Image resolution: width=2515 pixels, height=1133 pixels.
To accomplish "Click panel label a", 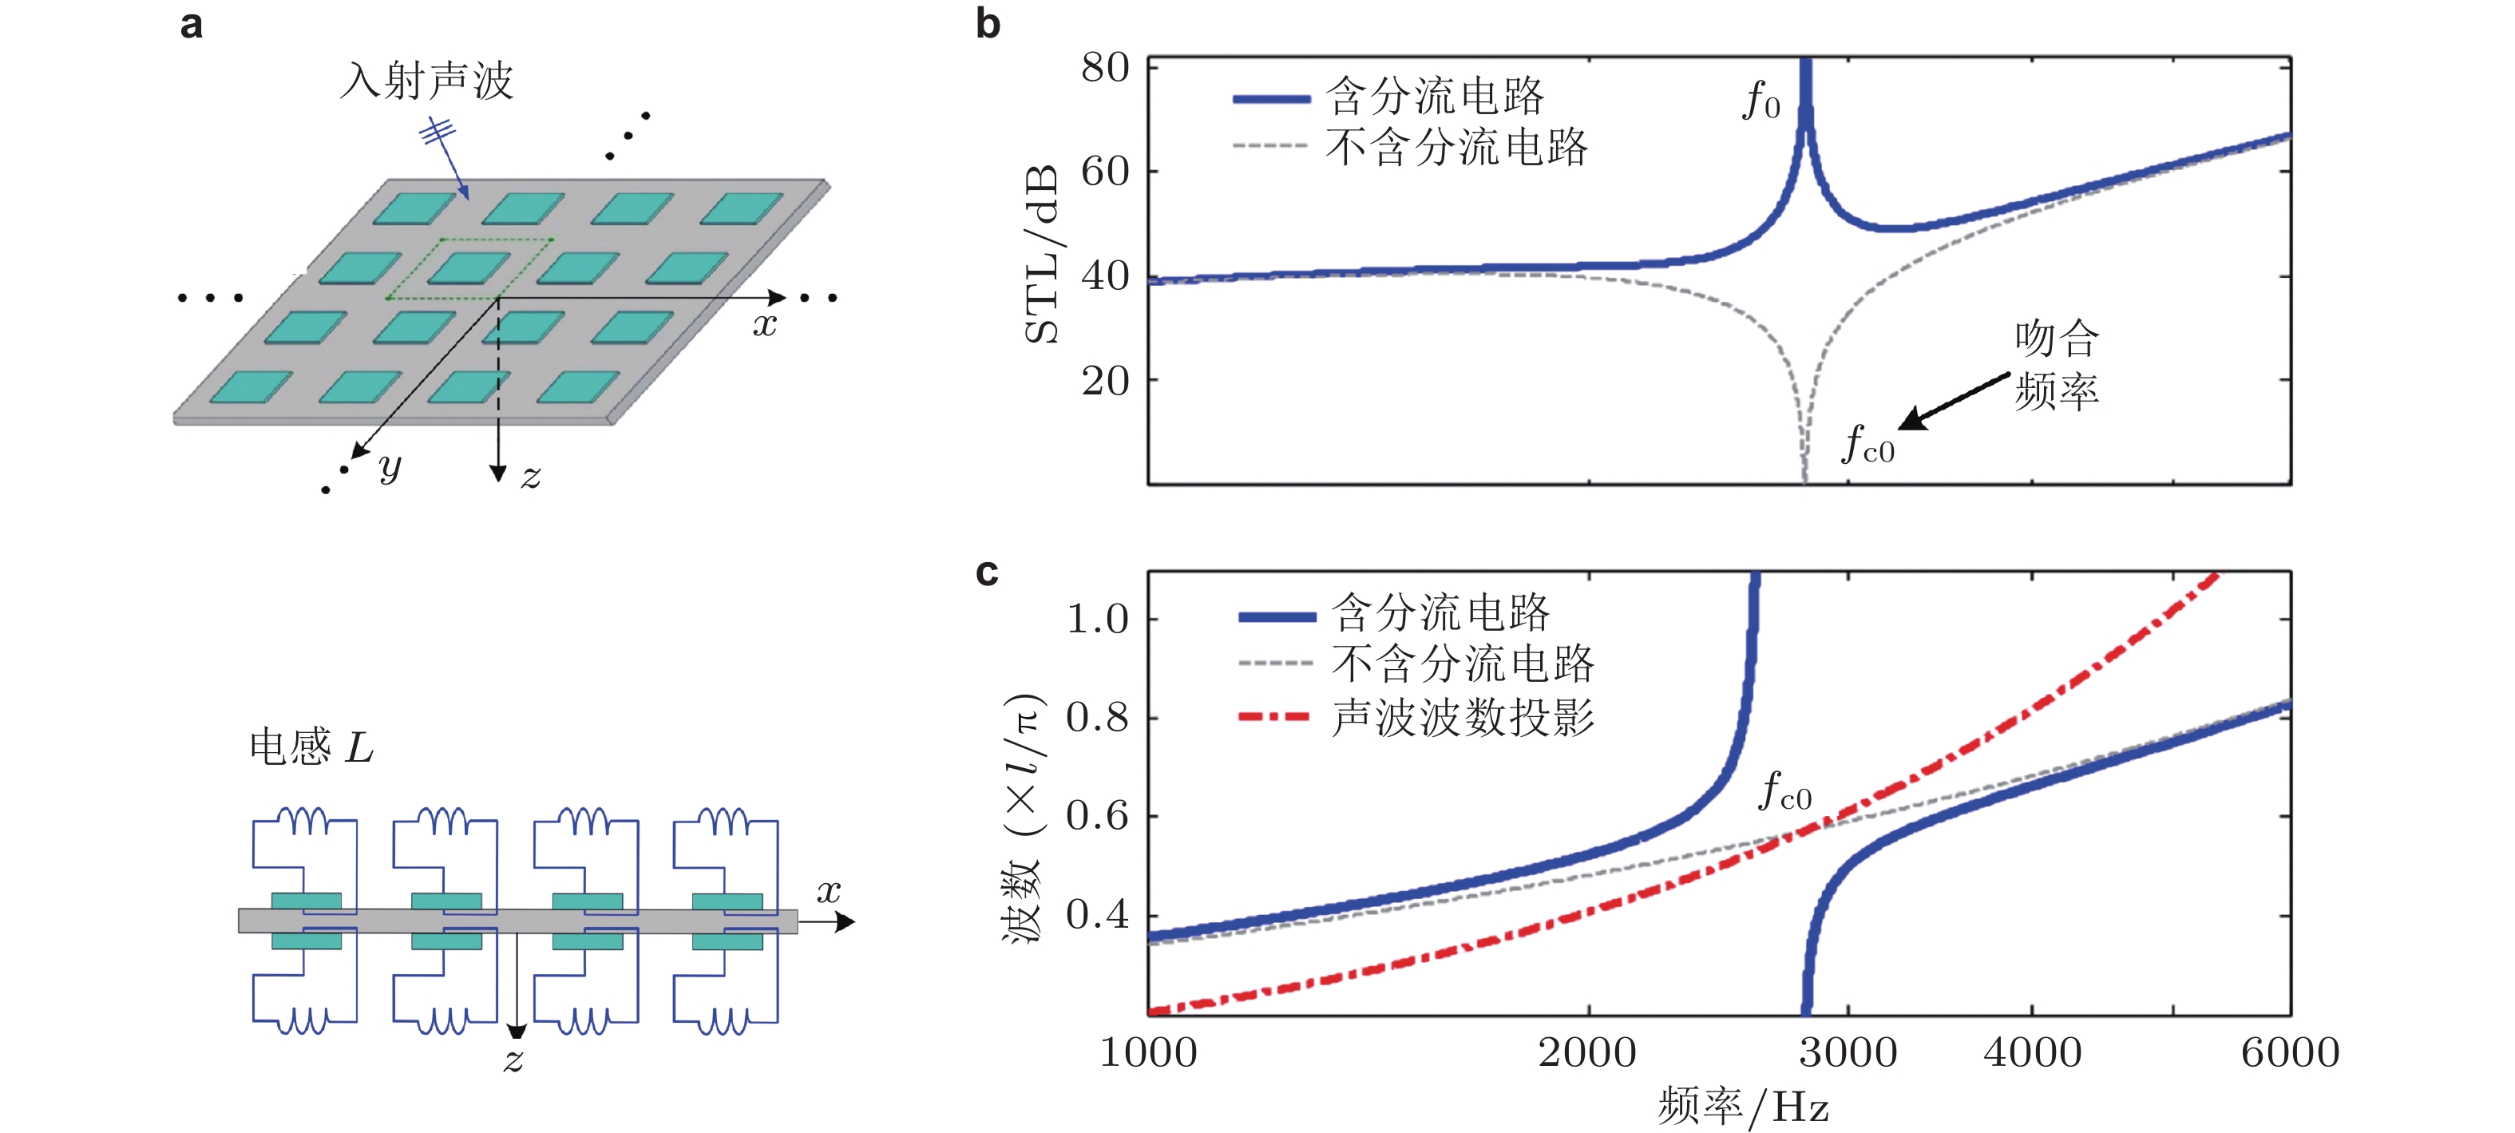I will coord(192,25).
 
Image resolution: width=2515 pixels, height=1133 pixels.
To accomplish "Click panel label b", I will coord(988,25).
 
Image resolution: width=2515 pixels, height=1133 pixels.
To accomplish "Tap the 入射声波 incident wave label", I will coord(426,81).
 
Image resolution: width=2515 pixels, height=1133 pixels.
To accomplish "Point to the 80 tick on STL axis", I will coord(1105,69).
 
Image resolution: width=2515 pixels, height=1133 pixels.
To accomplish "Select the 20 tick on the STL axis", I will coord(1105,381).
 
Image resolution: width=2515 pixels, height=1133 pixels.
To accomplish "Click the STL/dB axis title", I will coord(1043,254).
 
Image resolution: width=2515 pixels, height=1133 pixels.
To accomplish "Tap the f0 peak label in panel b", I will coord(1761,101).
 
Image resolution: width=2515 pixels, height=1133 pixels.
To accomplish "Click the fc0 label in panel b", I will coord(1867,445).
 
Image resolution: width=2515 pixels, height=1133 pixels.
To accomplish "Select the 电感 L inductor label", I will coord(311,748).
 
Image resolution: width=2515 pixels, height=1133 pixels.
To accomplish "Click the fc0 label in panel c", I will coord(1784,792).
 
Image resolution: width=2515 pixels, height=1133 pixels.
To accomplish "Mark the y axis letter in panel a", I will coord(390,467).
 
